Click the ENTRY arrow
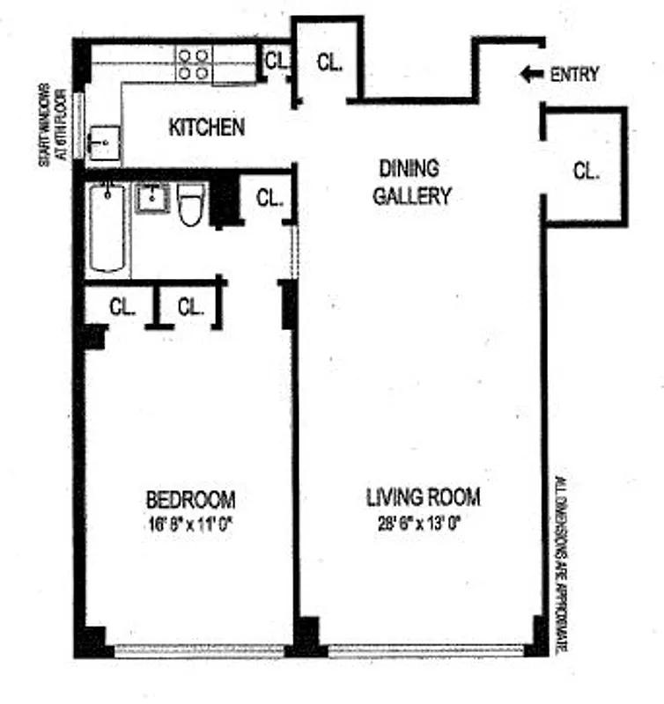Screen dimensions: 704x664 (530, 75)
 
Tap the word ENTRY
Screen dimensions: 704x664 (573, 75)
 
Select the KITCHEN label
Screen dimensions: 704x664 (206, 128)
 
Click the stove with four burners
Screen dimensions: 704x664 (194, 63)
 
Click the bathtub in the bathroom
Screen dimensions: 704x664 (107, 226)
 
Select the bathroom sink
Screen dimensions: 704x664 (152, 198)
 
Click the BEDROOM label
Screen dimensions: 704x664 (190, 501)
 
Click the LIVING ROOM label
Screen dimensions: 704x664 (423, 498)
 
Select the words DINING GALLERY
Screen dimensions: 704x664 (410, 181)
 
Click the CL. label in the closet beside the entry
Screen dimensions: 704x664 (586, 172)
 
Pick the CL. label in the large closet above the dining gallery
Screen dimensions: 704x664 (328, 62)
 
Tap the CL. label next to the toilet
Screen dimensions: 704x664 (269, 199)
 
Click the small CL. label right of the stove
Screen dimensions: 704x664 (277, 61)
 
